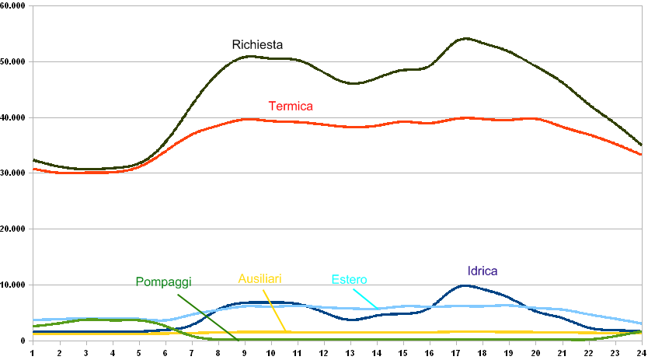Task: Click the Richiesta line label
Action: [258, 45]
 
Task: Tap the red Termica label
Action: [290, 106]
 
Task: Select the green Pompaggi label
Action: [163, 281]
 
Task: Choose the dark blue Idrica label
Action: [483, 271]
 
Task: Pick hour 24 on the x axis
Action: [640, 352]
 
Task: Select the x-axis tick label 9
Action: [244, 352]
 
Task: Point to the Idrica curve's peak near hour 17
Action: [465, 285]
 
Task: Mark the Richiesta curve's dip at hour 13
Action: [354, 83]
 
